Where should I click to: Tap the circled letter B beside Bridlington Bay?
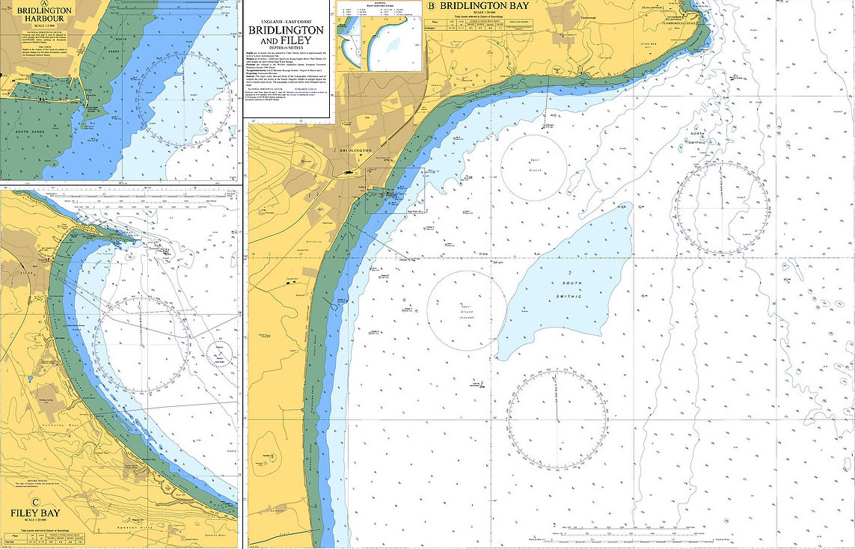[430, 6]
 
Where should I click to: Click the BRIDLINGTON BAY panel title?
[484, 6]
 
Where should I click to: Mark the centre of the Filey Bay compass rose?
[142, 344]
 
